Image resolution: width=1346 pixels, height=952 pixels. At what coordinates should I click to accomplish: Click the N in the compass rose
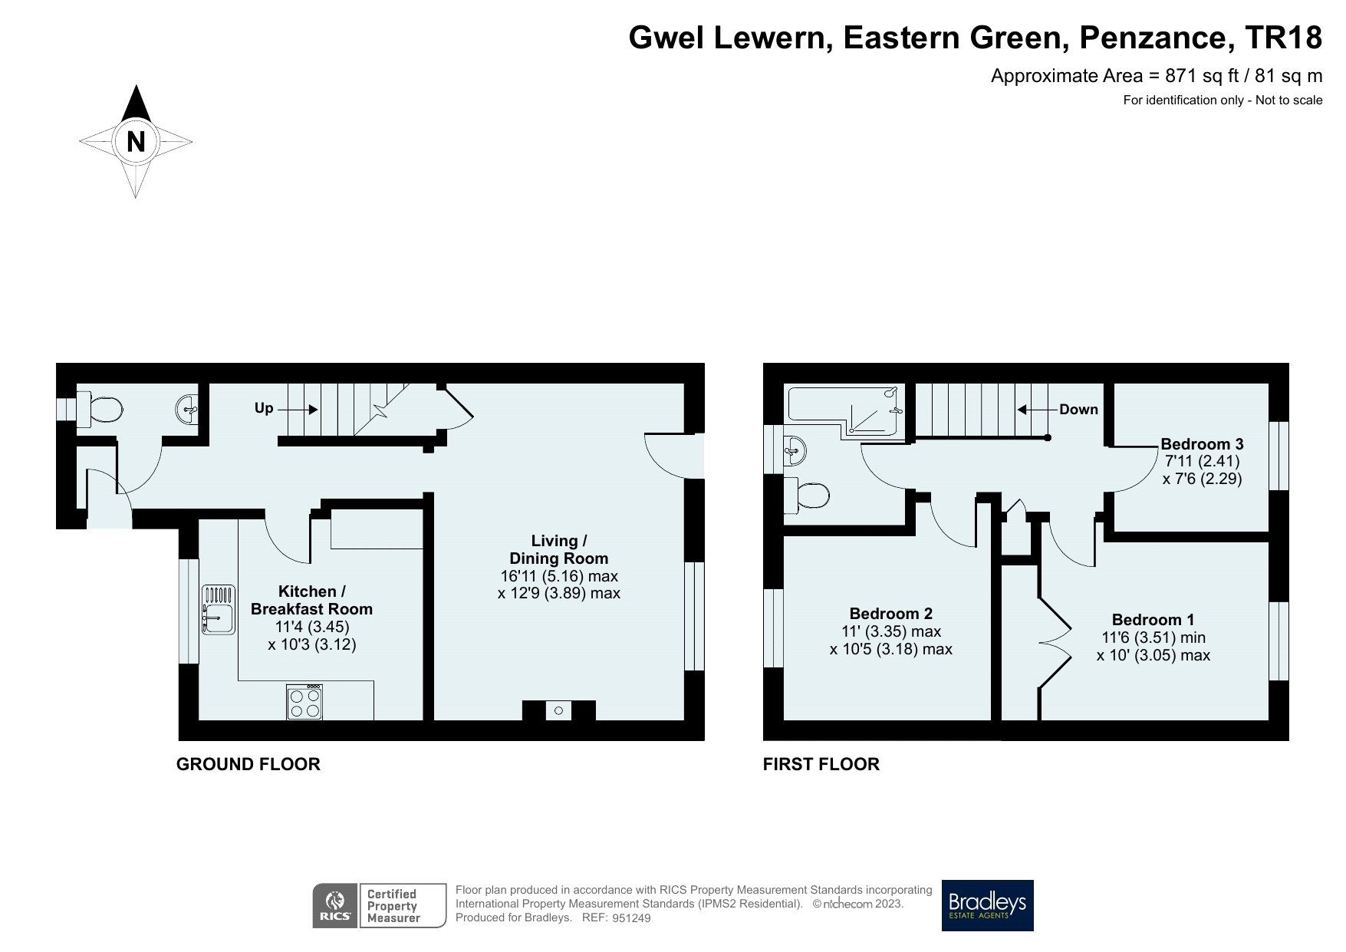(136, 142)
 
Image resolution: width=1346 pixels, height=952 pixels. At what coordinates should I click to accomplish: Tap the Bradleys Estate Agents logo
(987, 905)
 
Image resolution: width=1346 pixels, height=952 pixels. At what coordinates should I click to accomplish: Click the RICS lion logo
(334, 905)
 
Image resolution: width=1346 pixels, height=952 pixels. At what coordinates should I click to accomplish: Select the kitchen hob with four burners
(304, 702)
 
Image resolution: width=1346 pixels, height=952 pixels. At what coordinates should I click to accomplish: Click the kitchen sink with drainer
(219, 611)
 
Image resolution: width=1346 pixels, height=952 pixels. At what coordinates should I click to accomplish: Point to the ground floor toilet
(100, 410)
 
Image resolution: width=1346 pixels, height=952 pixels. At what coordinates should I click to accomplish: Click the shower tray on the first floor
(877, 411)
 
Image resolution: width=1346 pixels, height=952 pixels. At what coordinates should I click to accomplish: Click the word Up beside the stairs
(263, 408)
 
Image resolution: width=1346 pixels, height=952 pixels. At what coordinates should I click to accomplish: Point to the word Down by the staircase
(1078, 410)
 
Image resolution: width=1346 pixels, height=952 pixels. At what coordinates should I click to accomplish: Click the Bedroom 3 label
(1201, 443)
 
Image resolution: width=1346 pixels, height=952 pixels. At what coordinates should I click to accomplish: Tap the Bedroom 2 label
(890, 614)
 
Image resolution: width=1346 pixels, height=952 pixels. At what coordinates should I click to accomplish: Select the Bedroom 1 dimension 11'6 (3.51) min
(1153, 637)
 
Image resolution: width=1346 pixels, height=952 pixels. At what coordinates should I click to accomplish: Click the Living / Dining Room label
(558, 549)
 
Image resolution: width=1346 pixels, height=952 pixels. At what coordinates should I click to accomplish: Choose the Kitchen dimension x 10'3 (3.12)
(311, 644)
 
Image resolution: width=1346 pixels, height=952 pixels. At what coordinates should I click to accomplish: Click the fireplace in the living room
(558, 711)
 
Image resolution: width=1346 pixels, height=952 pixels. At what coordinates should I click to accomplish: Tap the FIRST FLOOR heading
(821, 764)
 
